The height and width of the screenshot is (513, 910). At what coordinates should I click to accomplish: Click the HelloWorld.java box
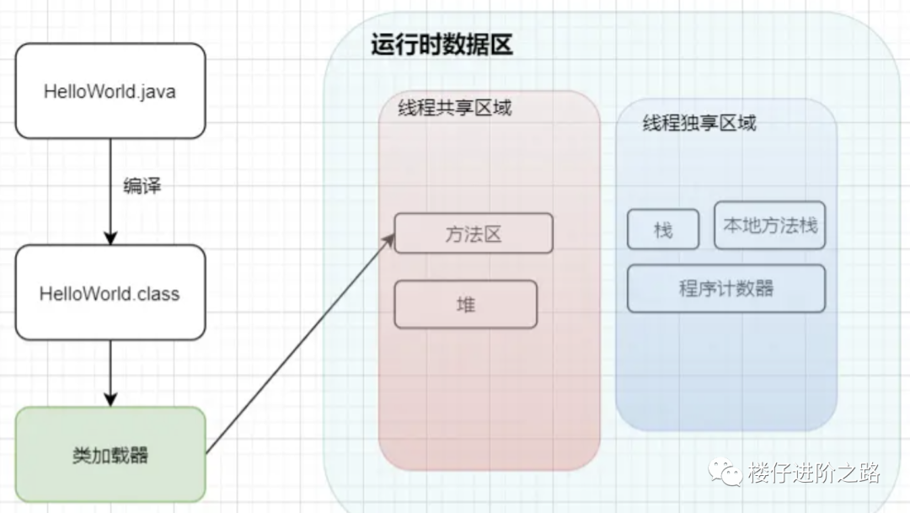click(x=110, y=91)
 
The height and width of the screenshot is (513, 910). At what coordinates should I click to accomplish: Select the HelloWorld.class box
click(x=110, y=293)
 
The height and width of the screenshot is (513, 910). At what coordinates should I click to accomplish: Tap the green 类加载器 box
click(x=110, y=454)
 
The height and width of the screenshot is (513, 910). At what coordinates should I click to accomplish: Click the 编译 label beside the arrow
click(x=142, y=186)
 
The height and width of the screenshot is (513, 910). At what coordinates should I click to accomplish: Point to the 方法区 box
click(x=474, y=233)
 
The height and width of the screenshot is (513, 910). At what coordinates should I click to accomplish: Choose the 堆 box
click(x=465, y=304)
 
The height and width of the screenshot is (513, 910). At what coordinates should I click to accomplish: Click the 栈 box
click(x=663, y=229)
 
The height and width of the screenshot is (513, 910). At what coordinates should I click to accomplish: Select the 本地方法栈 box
click(x=769, y=225)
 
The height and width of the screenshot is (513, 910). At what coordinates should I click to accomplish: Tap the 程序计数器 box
click(x=725, y=288)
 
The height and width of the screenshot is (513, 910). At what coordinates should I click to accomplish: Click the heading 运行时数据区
click(x=442, y=45)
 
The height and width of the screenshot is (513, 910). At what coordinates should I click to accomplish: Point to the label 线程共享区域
click(x=454, y=108)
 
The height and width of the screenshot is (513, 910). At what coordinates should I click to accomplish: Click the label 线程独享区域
click(x=699, y=124)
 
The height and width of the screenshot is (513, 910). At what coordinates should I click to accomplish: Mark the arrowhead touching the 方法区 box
click(x=388, y=239)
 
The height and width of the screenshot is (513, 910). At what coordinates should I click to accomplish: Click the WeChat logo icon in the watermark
click(x=724, y=473)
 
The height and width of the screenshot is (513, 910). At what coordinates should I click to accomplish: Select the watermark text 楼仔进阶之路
click(x=813, y=473)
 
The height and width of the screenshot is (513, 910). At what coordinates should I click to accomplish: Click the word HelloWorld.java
click(x=110, y=91)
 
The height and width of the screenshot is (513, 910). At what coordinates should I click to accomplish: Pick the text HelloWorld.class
click(x=110, y=294)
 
